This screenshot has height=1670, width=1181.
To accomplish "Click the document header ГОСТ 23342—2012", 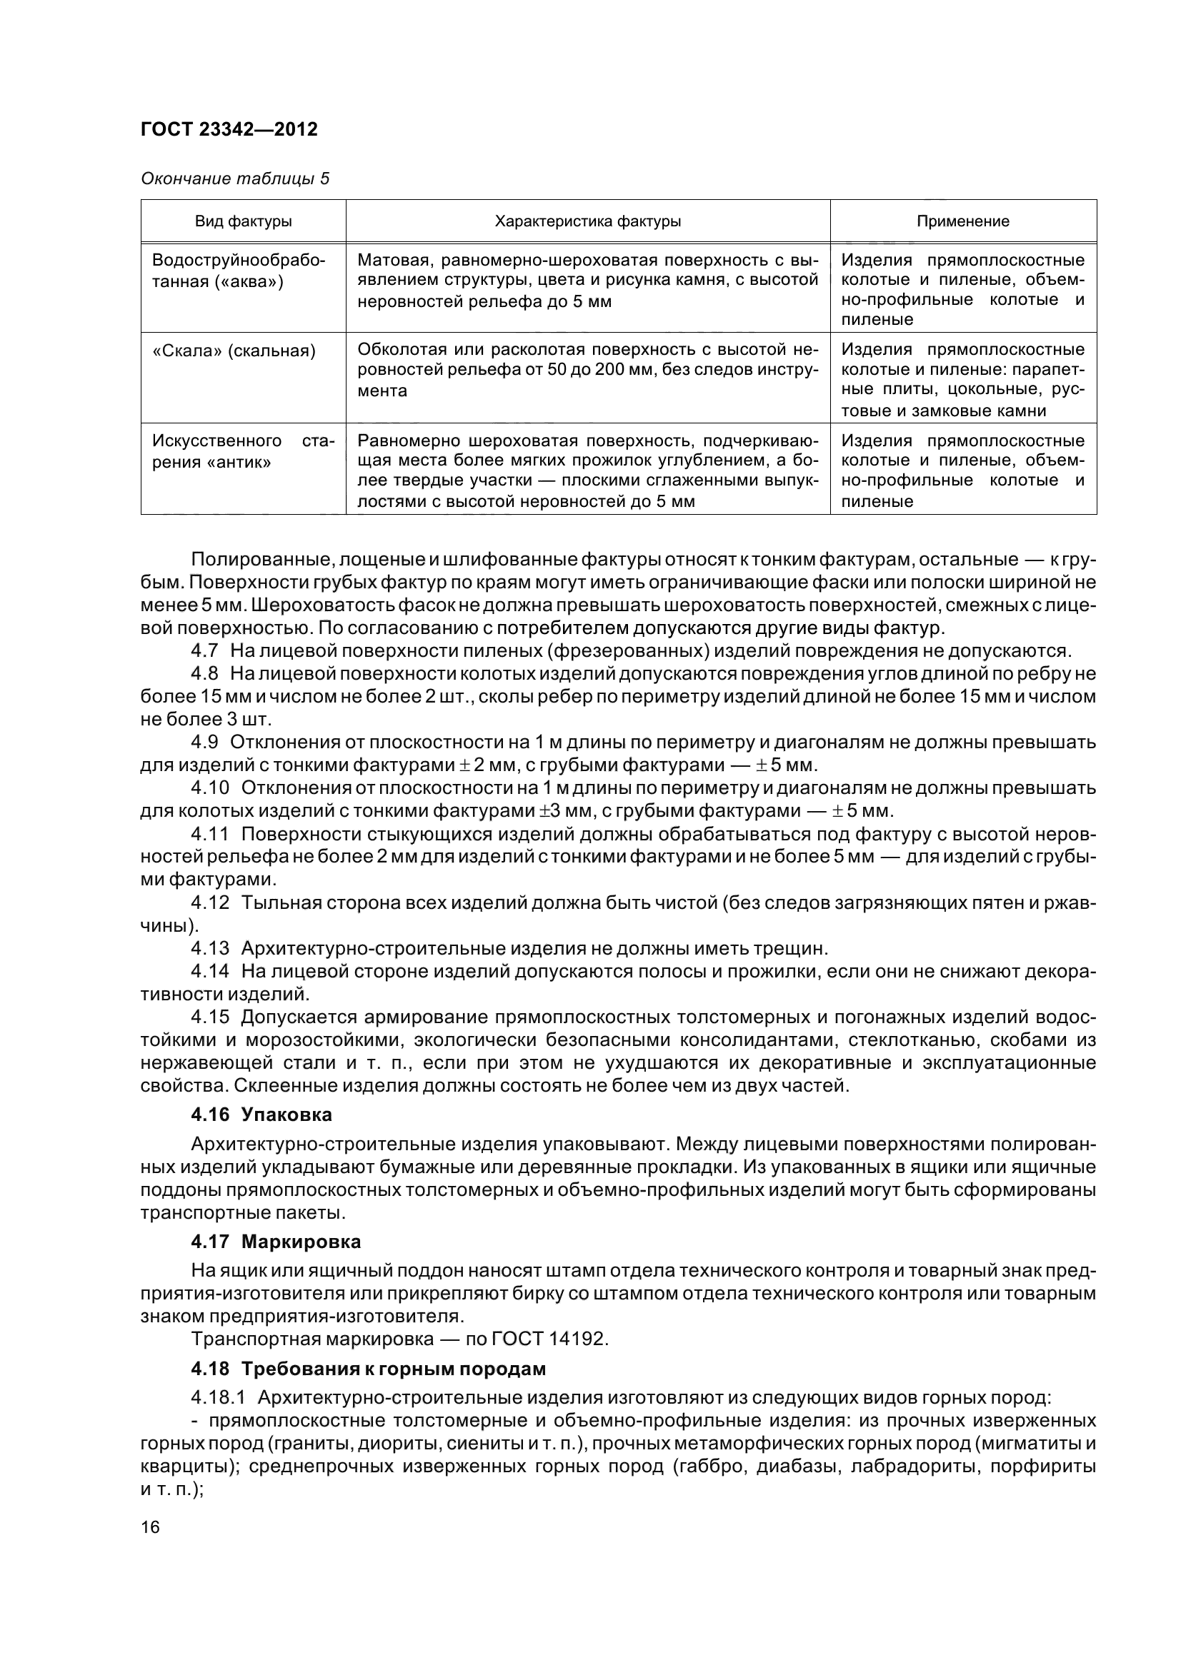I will click(229, 129).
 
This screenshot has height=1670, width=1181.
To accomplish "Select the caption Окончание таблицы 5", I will click(234, 178).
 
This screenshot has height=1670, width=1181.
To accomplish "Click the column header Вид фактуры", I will click(243, 221).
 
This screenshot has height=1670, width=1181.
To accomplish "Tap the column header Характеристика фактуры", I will click(587, 221).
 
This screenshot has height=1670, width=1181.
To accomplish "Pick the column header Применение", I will click(962, 221).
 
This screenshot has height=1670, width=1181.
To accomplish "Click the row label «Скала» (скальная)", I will click(234, 351).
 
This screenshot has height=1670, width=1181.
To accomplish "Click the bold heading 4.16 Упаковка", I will click(261, 1115).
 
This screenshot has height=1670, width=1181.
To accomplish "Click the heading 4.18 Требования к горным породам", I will click(368, 1368).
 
